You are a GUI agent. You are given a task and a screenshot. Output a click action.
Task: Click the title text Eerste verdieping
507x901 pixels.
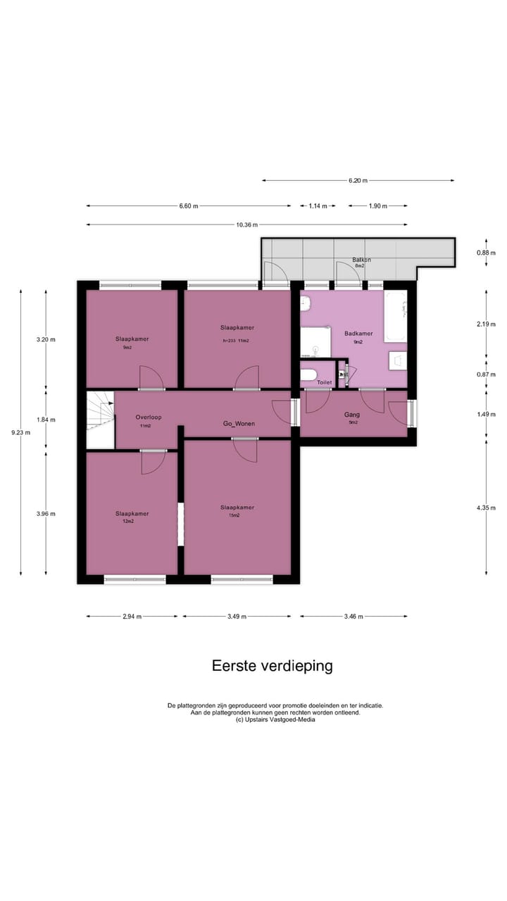point(273,666)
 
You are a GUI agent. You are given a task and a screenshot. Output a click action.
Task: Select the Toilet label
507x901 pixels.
point(324,382)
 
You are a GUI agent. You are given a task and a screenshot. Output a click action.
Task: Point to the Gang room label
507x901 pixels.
point(353,415)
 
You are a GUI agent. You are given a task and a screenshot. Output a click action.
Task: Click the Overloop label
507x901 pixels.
point(149,417)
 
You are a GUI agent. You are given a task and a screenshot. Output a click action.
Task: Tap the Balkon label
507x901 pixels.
point(362,260)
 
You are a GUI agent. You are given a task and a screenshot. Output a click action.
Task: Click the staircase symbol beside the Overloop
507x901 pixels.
point(100,420)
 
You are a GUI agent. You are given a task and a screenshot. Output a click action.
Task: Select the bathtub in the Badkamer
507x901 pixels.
point(396,316)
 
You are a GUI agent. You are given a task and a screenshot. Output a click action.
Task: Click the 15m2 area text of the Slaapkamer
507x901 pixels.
point(234,515)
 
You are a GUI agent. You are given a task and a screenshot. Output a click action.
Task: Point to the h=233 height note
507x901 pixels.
point(226,341)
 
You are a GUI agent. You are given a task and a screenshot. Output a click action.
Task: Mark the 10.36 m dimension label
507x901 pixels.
point(246,225)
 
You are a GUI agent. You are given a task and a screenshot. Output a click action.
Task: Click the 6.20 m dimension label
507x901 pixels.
point(358,181)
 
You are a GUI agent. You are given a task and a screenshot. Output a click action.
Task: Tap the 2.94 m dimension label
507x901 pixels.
point(132,616)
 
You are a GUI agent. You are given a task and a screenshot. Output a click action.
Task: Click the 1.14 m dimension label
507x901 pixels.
point(318,206)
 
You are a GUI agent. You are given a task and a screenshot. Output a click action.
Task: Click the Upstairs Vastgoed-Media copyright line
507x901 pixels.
point(275,719)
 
